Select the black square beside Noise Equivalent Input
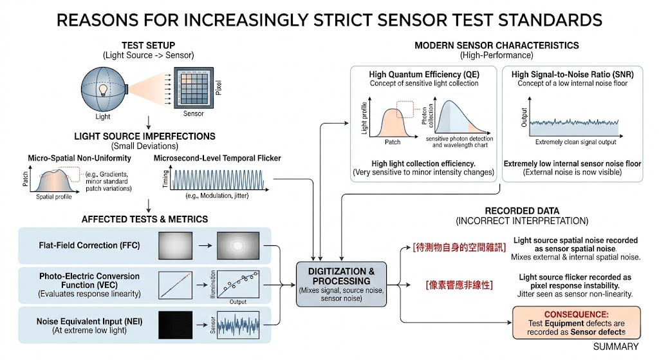coord(172,323)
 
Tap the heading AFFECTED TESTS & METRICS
coord(145,219)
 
